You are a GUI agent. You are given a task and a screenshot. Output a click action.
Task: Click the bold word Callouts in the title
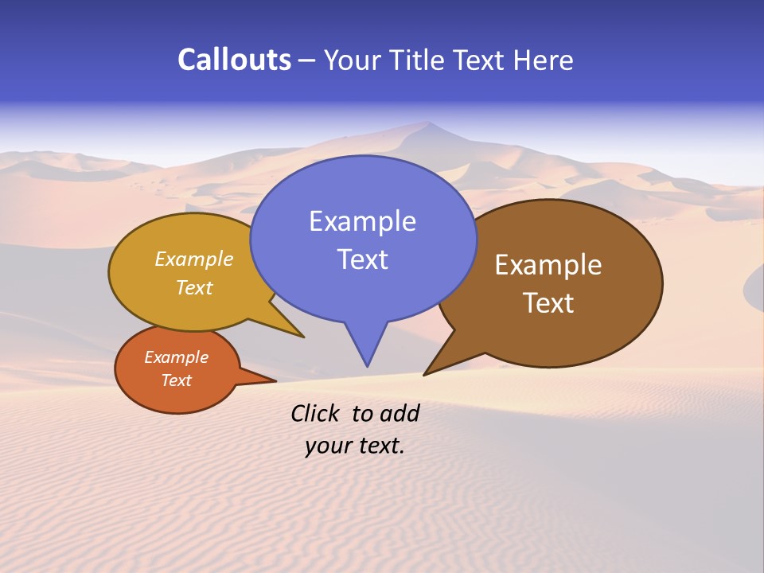tap(234, 60)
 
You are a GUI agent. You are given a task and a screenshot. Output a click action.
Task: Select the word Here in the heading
tap(543, 60)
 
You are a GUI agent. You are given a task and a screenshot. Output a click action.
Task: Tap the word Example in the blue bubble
tap(362, 221)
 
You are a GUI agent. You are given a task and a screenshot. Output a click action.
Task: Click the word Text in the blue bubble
tap(362, 259)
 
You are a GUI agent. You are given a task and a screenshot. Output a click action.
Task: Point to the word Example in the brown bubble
tap(548, 265)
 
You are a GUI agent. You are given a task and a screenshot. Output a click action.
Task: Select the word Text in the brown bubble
tap(548, 303)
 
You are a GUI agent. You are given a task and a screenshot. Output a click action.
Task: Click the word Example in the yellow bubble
tap(194, 259)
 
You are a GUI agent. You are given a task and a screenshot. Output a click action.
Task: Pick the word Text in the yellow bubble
tap(194, 287)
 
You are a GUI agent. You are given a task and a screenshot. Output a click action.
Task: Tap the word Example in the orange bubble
tap(176, 357)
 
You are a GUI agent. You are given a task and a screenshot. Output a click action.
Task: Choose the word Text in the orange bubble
tap(176, 380)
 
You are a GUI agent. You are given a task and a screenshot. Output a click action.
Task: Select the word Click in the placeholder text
tap(315, 413)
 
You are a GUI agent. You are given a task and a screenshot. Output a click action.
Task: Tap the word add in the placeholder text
tap(400, 413)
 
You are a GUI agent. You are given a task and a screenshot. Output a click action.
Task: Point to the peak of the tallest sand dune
tap(429, 123)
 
